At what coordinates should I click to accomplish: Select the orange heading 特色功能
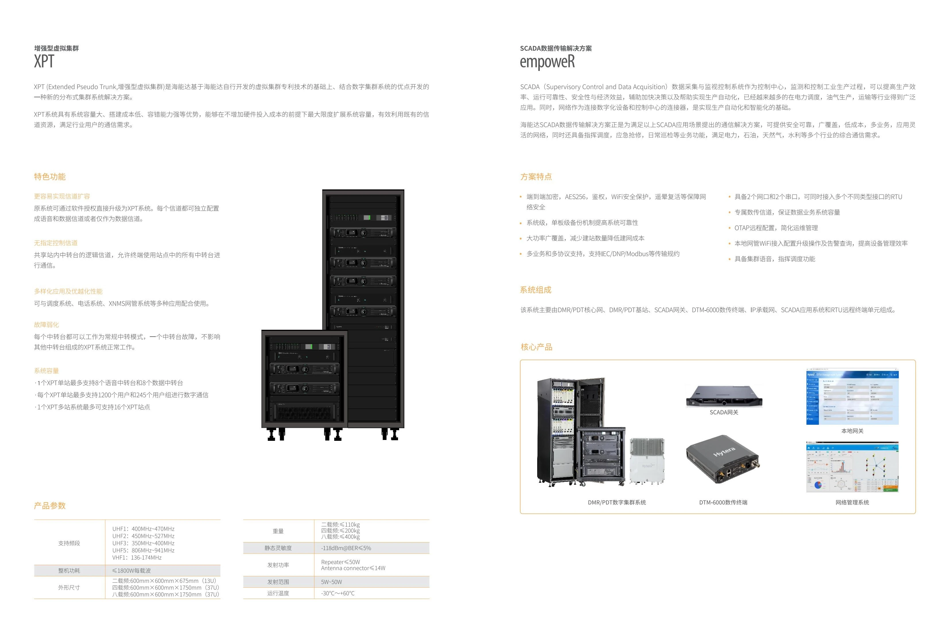coord(50,177)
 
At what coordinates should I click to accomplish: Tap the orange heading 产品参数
coord(50,506)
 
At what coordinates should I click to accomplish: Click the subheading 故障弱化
coord(46,325)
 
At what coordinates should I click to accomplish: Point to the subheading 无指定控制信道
coord(56,243)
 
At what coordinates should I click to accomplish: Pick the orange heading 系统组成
coord(535,290)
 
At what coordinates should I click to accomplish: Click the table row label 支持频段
coord(69,543)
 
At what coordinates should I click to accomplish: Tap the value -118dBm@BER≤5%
coord(346,548)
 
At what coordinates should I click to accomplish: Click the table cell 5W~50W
coord(331,582)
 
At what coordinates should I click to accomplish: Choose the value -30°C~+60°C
coord(338,593)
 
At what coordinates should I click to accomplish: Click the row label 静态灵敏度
coord(278,548)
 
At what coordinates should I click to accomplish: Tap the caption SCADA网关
coord(724,412)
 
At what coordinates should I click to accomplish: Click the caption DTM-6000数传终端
coord(723,502)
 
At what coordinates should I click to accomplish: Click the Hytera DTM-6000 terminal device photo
coord(722,459)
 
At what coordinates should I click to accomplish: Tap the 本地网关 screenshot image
coord(852,397)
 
